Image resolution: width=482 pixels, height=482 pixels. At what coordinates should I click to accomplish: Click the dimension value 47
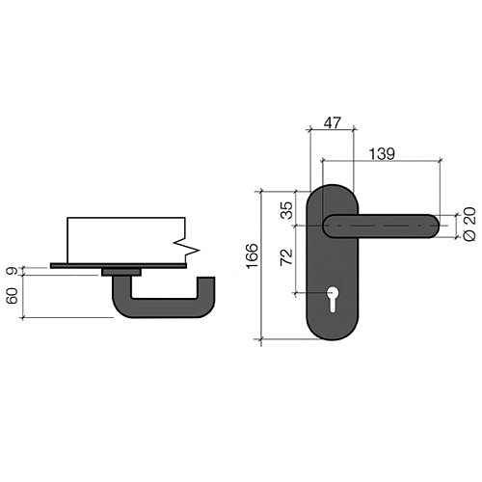pyautogui.click(x=332, y=123)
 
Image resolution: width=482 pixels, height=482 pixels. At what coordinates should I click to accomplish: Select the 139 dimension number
pyautogui.click(x=382, y=154)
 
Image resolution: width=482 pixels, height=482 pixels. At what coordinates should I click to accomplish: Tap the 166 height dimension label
pyautogui.click(x=252, y=255)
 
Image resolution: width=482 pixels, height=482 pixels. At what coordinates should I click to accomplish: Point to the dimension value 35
pyautogui.click(x=287, y=210)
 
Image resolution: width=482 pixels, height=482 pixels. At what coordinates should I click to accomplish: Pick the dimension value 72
pyautogui.click(x=287, y=257)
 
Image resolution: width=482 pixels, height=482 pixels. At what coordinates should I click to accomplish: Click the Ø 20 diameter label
pyautogui.click(x=469, y=224)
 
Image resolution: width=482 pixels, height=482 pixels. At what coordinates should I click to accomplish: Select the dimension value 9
pyautogui.click(x=13, y=271)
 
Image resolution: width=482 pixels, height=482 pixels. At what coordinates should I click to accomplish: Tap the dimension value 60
pyautogui.click(x=13, y=296)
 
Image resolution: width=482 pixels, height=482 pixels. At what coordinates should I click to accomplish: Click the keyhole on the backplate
pyautogui.click(x=332, y=299)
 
